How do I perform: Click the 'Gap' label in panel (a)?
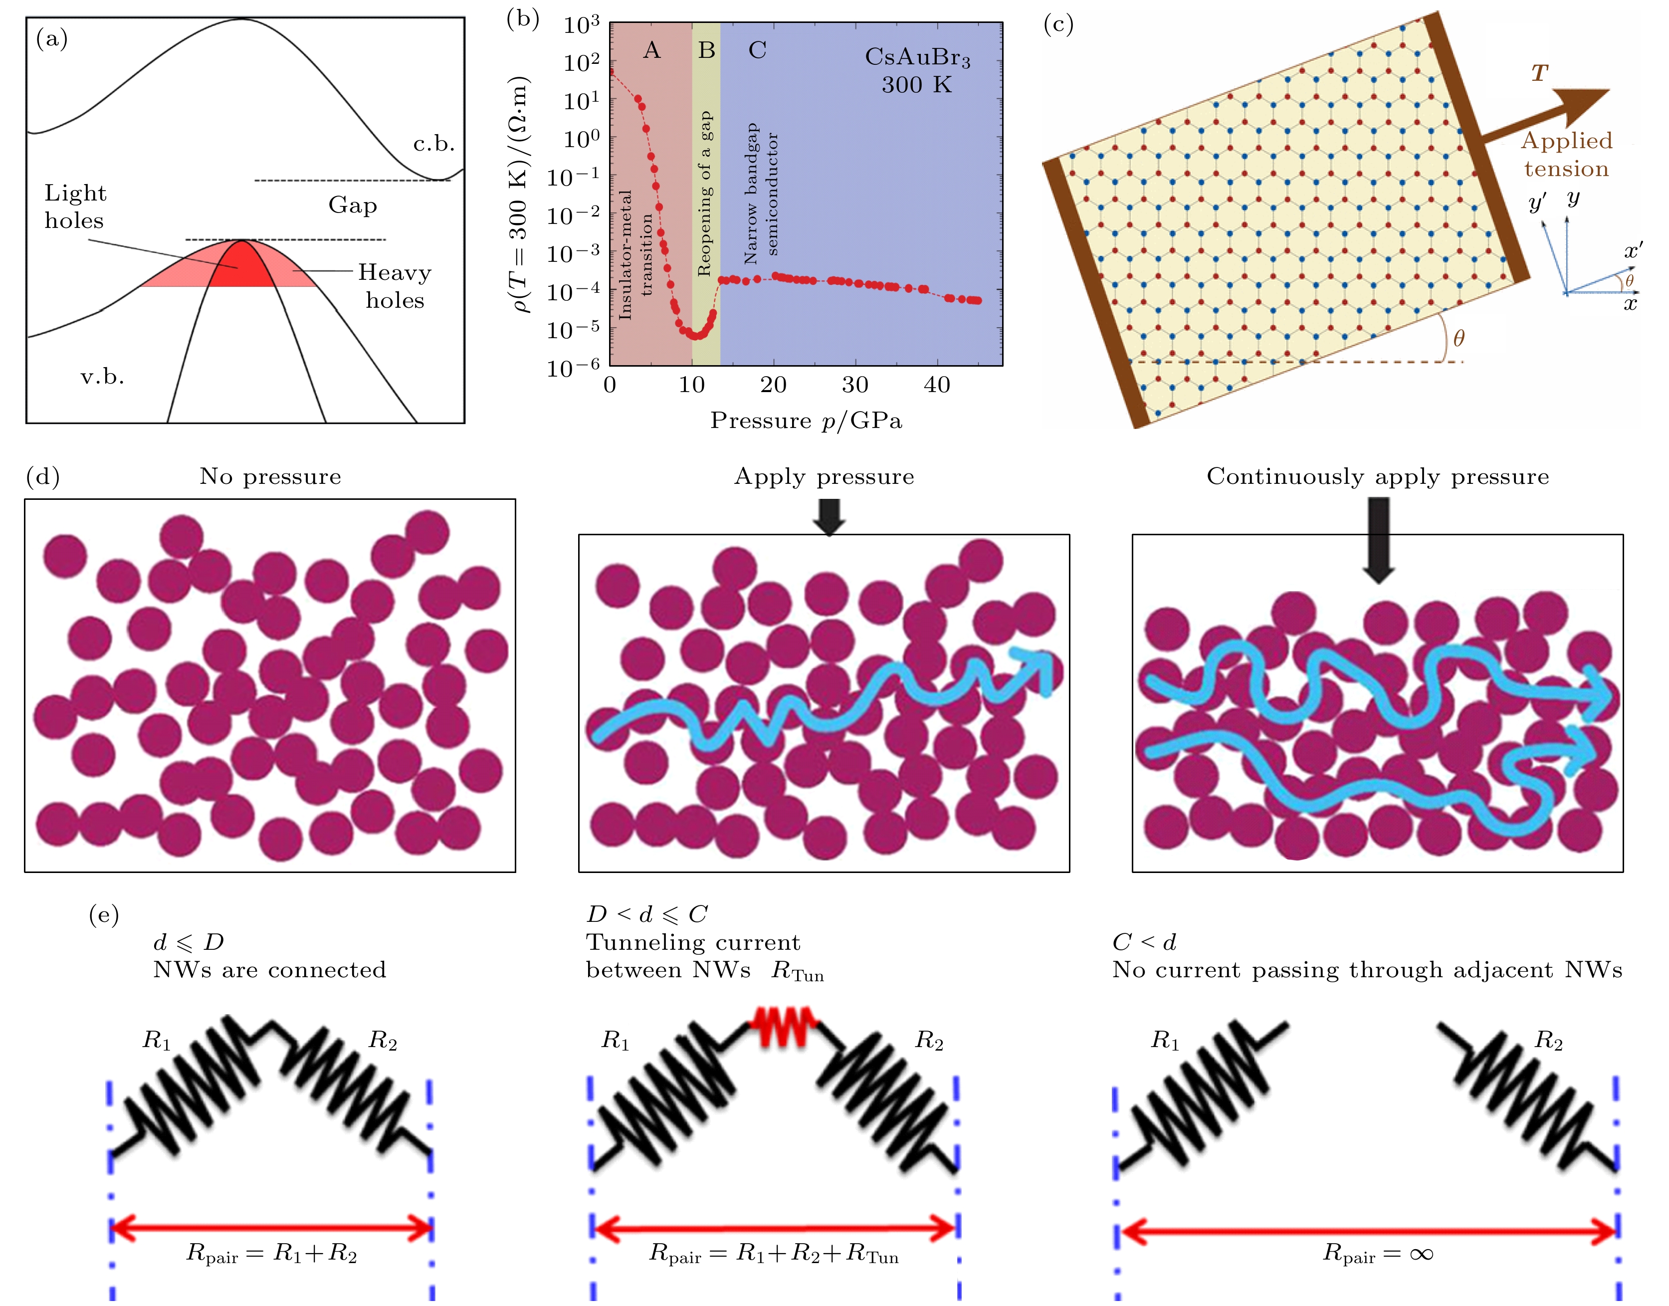point(353,205)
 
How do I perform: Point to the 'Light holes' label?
point(75,207)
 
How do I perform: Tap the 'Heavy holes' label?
point(395,286)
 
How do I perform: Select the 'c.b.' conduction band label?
point(433,144)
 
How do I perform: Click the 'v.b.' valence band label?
point(102,376)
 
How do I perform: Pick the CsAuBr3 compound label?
point(917,58)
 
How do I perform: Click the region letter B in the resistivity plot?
point(706,50)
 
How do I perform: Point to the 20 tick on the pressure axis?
point(773,385)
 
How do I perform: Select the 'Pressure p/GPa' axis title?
point(806,421)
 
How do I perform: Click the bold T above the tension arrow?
point(1539,73)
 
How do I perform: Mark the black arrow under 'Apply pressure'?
point(829,517)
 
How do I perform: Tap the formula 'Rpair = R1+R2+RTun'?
point(773,1253)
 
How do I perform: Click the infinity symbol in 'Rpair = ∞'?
point(1421,1253)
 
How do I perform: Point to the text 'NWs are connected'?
point(269,970)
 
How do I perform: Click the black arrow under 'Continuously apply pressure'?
point(1379,539)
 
